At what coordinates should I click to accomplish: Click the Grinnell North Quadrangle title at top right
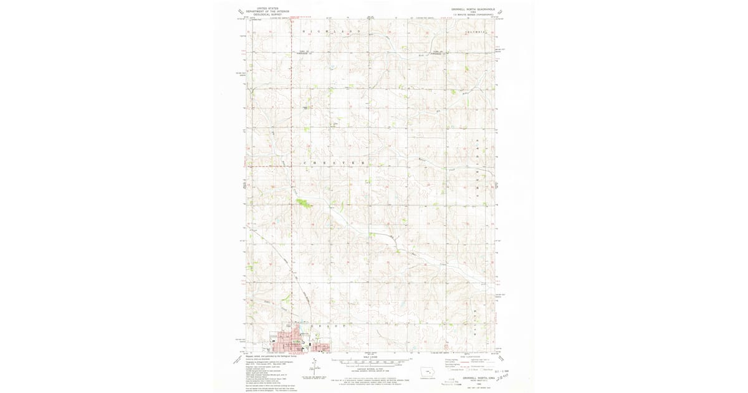473,9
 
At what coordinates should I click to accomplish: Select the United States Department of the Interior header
268,11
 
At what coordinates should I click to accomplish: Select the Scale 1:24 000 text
372,356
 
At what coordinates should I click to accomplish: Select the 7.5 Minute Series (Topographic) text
474,15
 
